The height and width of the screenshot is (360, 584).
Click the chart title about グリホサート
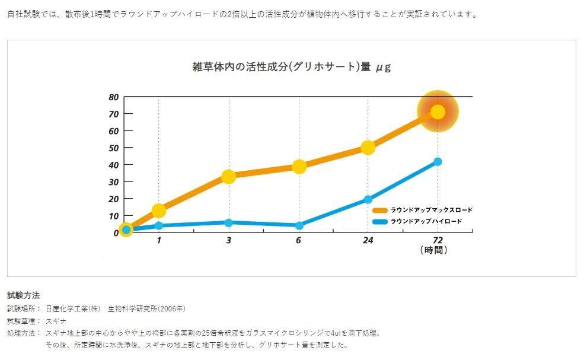291,67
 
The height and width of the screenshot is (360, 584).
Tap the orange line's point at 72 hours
438,111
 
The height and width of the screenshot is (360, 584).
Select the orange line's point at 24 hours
368,148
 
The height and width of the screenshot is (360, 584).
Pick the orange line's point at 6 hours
299,167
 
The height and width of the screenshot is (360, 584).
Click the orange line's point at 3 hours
229,176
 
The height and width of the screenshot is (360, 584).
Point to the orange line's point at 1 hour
159,211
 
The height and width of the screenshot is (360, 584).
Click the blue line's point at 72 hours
438,161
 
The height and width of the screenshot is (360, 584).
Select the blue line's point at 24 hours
368,200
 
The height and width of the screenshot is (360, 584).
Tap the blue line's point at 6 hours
299,225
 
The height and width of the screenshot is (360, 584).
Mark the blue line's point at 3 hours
229,222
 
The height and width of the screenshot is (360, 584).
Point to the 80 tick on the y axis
114,97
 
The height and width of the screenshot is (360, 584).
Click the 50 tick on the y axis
114,148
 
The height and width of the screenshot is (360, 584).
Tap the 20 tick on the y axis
114,199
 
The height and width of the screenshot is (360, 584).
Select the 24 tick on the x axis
368,240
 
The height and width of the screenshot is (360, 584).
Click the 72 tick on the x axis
438,240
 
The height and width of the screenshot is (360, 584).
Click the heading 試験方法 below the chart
23,295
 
